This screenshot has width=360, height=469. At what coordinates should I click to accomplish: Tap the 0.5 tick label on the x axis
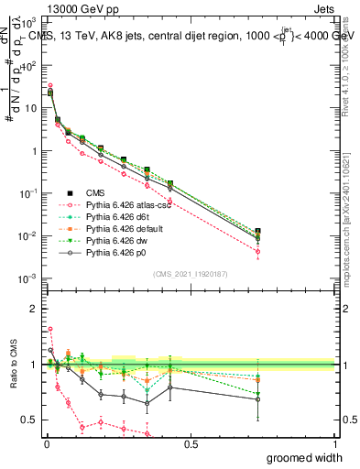pos(191,444)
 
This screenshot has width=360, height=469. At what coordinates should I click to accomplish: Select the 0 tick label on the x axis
pos(46,444)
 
